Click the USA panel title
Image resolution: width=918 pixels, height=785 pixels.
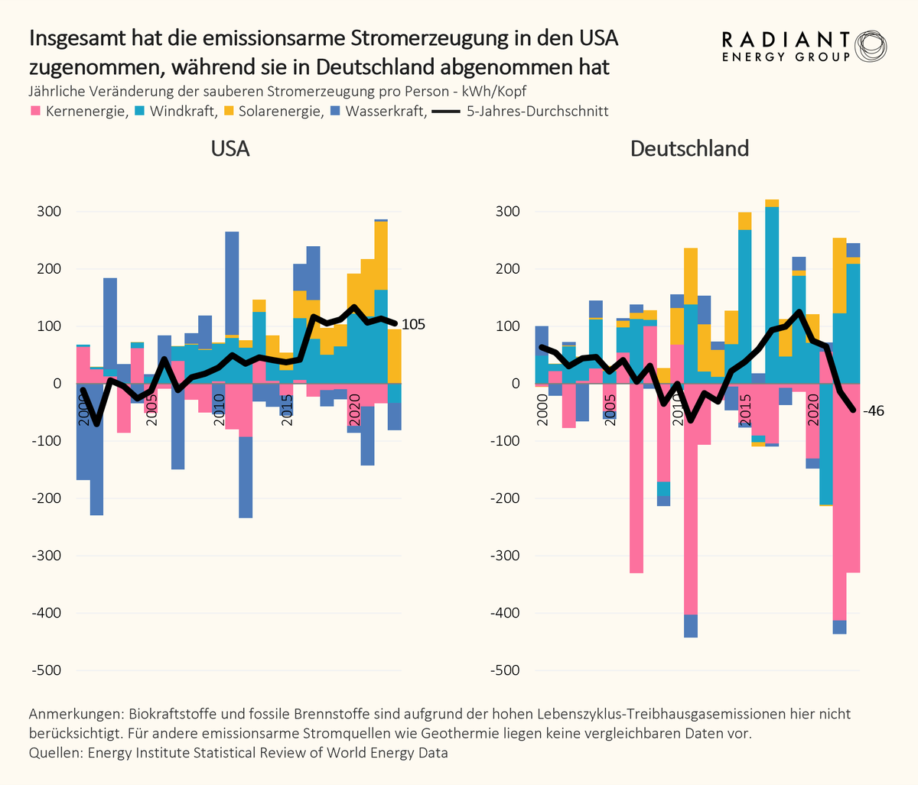click(x=229, y=148)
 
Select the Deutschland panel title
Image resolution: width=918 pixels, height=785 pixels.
click(x=689, y=148)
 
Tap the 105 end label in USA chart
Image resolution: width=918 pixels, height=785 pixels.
click(x=413, y=325)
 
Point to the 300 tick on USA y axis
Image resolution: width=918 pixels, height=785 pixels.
click(x=49, y=212)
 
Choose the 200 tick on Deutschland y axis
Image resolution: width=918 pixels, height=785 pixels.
click(x=508, y=269)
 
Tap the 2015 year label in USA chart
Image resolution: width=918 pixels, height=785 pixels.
click(x=287, y=410)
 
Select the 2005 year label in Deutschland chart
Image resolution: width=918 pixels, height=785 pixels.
click(x=610, y=410)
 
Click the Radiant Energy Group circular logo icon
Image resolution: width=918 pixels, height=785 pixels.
click(x=871, y=47)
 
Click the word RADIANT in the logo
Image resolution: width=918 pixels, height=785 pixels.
click(x=786, y=40)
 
